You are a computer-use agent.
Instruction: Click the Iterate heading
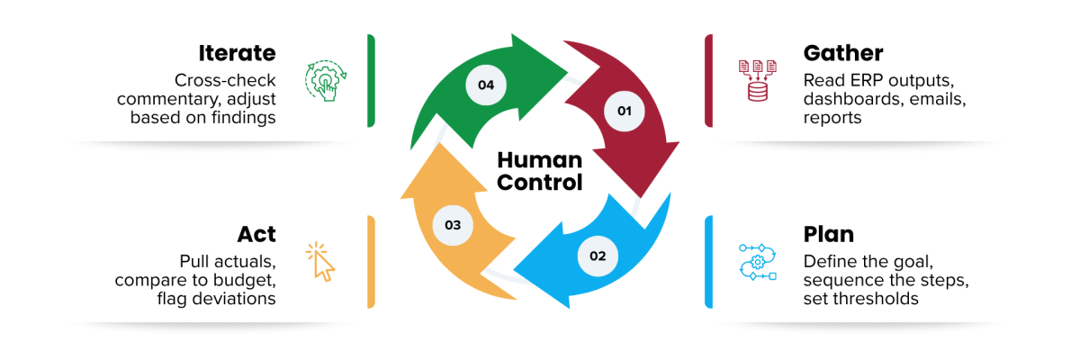(x=238, y=53)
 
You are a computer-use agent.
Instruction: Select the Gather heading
(x=843, y=53)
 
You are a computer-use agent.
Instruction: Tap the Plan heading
(x=828, y=234)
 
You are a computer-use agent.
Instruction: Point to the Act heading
(x=256, y=234)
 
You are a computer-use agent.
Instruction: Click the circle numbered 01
(x=625, y=111)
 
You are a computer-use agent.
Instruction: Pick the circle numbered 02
(x=598, y=256)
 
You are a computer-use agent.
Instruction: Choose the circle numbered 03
(x=453, y=225)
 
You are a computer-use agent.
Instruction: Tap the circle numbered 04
(x=486, y=85)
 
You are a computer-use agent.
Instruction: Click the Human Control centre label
(x=539, y=171)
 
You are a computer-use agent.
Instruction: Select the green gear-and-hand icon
(x=326, y=80)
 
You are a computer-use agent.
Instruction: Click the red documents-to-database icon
(x=758, y=80)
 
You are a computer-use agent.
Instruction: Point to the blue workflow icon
(x=758, y=262)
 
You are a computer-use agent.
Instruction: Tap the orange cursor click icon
(x=320, y=262)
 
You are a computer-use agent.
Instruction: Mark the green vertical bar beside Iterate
(x=371, y=80)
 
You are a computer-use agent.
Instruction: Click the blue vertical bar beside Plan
(x=708, y=262)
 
